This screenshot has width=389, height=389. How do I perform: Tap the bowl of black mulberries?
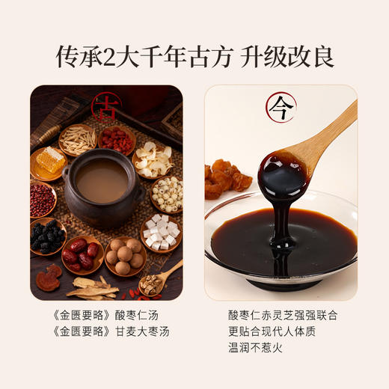(46, 239)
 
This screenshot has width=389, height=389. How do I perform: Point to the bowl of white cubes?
(161, 234)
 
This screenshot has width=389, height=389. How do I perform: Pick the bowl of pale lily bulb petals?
(155, 157)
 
